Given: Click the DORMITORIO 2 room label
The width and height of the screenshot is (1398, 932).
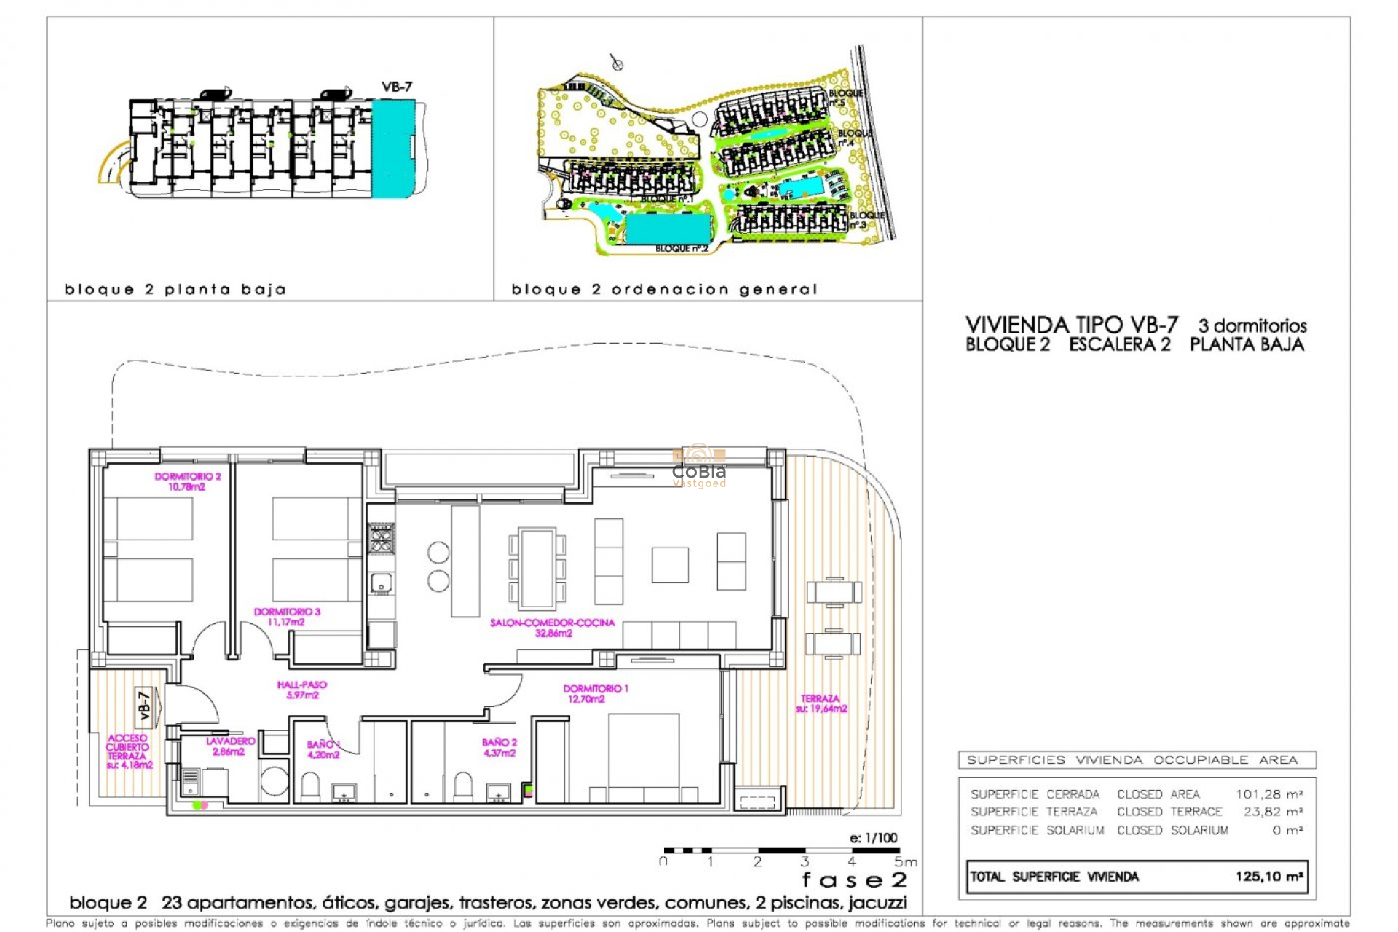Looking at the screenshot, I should tap(187, 481).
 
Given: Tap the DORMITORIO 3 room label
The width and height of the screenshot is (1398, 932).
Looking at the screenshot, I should tap(287, 617).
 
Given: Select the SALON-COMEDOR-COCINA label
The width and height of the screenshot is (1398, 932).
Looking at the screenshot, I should tap(553, 628).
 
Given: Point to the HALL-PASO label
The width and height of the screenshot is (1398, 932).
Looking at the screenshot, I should tap(302, 690).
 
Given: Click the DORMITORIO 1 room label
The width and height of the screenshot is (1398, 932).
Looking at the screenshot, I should tap(596, 693).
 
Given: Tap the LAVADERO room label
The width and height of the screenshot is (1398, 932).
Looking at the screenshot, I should tap(230, 746).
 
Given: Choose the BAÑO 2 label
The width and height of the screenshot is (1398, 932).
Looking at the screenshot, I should tap(499, 747).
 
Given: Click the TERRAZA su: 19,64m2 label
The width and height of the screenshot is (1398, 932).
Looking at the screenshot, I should tap(821, 703).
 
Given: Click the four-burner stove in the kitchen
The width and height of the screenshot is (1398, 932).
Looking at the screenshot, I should tap(381, 539).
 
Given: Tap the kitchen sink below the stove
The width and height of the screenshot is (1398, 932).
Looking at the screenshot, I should tap(381, 582).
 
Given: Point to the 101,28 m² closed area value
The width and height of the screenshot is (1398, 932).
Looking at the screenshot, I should tap(1268, 794).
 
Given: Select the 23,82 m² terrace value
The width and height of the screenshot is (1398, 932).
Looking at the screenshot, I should tap(1272, 811).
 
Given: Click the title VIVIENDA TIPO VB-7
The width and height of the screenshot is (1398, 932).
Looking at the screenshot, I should tap(1071, 325).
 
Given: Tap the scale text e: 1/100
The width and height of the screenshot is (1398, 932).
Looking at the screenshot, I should tap(873, 837).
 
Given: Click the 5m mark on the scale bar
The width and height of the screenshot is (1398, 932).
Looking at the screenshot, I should tap(904, 862).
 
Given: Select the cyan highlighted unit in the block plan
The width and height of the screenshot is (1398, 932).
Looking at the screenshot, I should tap(393, 149).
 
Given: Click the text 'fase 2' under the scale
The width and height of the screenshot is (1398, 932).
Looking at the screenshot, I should tap(854, 880).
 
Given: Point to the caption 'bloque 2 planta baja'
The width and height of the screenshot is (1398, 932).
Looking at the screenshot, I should tap(175, 289).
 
